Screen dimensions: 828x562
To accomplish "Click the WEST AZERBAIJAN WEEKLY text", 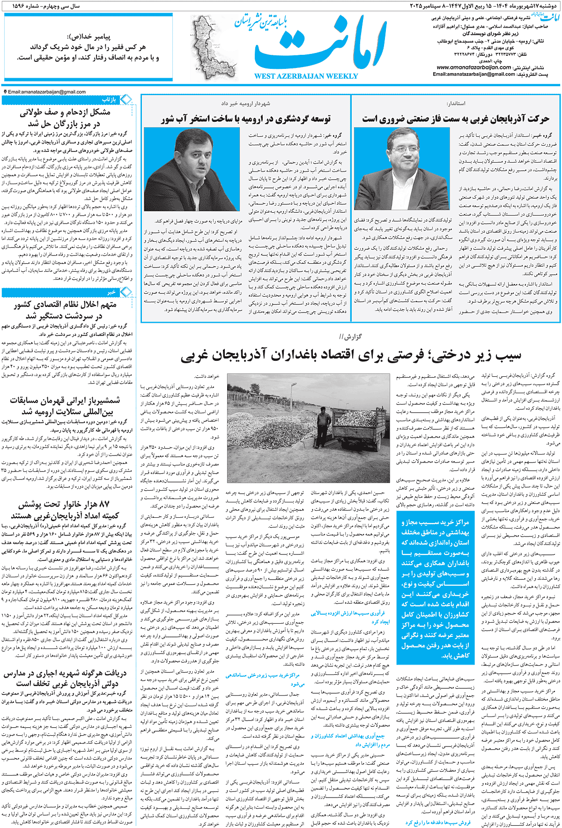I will coord(306,76).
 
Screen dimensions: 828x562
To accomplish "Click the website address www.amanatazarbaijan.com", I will coord(473,67).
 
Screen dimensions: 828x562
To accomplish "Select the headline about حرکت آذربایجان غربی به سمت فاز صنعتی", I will coord(455,119).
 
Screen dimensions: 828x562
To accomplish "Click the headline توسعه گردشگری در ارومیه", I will coord(246,119).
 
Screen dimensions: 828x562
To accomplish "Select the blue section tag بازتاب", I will coord(109,100).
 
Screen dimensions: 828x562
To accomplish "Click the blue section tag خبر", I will coord(111,292).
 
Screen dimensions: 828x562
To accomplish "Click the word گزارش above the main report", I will coord(352,336).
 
